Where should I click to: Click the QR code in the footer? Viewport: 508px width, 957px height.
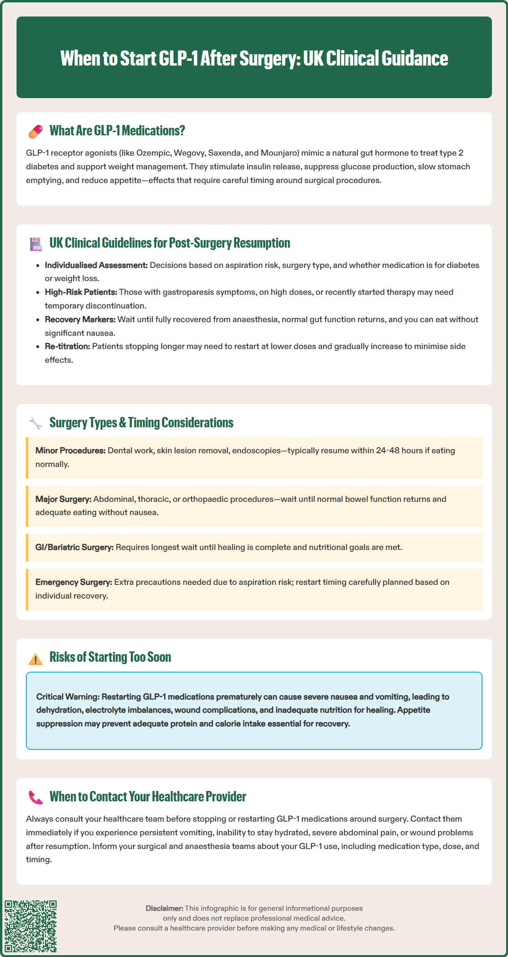pos(31,926)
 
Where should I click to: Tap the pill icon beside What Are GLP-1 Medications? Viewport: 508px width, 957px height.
pos(36,132)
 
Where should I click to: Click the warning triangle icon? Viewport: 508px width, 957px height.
pos(36,658)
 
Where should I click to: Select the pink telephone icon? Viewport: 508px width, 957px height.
pos(36,797)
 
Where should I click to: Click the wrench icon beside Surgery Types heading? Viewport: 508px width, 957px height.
pos(36,423)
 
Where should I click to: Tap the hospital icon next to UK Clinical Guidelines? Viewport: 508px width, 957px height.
pos(36,244)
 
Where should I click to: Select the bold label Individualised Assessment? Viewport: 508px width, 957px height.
pos(96,265)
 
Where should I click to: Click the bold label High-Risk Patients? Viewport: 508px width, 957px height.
pos(81,292)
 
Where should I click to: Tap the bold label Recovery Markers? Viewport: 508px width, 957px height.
pos(80,319)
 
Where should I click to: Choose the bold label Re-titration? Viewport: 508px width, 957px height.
pos(67,346)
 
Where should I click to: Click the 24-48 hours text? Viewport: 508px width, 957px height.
pos(399,450)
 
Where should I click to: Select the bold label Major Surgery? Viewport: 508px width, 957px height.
pos(63,499)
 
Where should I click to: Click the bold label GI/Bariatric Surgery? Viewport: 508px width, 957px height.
pos(75,547)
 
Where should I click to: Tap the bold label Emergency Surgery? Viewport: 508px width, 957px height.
pos(74,582)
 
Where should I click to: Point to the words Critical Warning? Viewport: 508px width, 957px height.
pos(68,697)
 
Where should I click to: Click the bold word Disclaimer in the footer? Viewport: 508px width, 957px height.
pos(164,908)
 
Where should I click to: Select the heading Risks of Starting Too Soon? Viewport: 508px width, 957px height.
pos(110,657)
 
